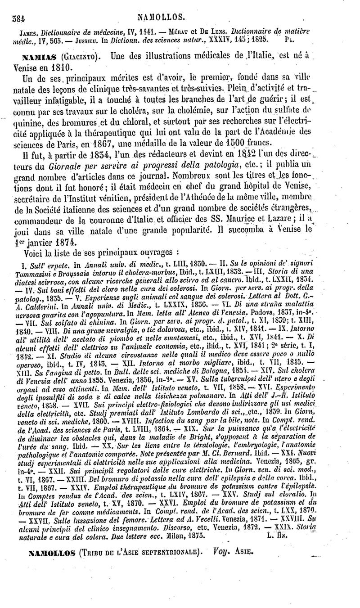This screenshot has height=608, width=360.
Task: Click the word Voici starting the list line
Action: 33,250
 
